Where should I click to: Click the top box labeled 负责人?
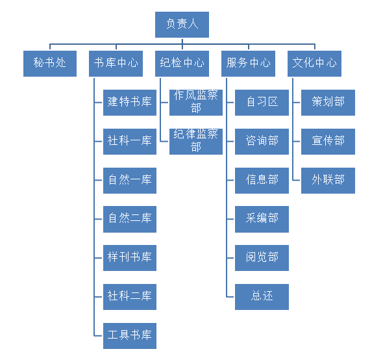(182, 25)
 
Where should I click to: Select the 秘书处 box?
(50, 64)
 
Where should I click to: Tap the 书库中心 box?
(116, 64)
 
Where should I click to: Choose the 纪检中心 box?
(182, 64)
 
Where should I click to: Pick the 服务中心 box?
(248, 64)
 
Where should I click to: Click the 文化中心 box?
(314, 64)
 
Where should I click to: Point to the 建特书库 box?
(130, 103)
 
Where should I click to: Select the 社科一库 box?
(130, 142)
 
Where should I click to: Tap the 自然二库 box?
(130, 219)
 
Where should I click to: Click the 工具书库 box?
(130, 336)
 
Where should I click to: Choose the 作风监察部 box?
(196, 103)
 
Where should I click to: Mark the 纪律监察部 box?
(196, 142)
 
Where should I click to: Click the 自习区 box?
(262, 103)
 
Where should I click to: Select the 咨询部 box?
(262, 142)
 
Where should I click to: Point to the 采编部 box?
(262, 219)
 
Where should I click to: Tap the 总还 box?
(262, 297)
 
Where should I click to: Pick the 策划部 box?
(328, 103)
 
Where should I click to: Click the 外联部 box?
(328, 181)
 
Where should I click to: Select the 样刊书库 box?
(130, 258)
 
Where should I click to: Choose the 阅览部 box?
(262, 258)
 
